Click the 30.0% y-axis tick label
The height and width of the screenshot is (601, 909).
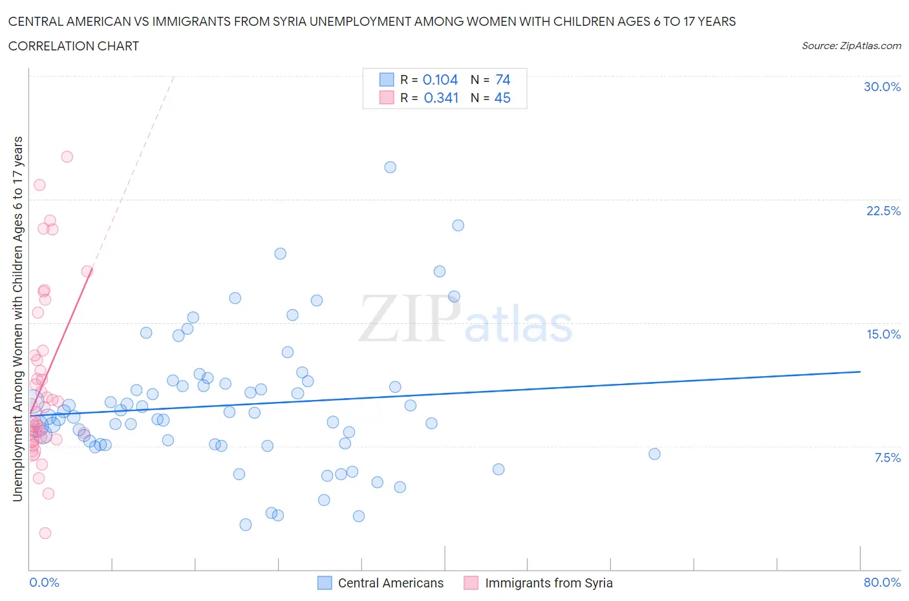pos(882,87)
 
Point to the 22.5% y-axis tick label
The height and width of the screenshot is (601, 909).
pos(883,211)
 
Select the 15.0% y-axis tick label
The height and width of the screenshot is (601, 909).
pos(883,334)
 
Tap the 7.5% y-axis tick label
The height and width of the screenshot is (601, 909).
pos(887,458)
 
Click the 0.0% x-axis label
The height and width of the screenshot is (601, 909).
pos(44,582)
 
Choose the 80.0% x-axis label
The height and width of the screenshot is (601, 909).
pos(882,582)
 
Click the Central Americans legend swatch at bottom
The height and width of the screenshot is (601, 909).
pos(325,583)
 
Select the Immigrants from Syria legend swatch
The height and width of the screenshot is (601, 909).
pos(471,583)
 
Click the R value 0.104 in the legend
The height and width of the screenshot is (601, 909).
pos(440,79)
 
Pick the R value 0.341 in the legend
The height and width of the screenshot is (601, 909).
pos(441,98)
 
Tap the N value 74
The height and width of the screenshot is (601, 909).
pos(502,79)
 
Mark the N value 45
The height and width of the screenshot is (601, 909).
pos(502,98)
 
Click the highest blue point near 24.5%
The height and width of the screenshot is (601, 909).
pos(390,167)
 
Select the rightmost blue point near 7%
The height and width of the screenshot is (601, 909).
pos(654,454)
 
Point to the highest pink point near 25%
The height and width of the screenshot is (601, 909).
pos(67,156)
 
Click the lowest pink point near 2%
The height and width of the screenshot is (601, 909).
pos(45,533)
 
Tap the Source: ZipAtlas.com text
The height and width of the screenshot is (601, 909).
pos(851,46)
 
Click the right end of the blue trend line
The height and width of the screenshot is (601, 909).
pos(860,372)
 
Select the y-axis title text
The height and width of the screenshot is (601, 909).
pos(17,319)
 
